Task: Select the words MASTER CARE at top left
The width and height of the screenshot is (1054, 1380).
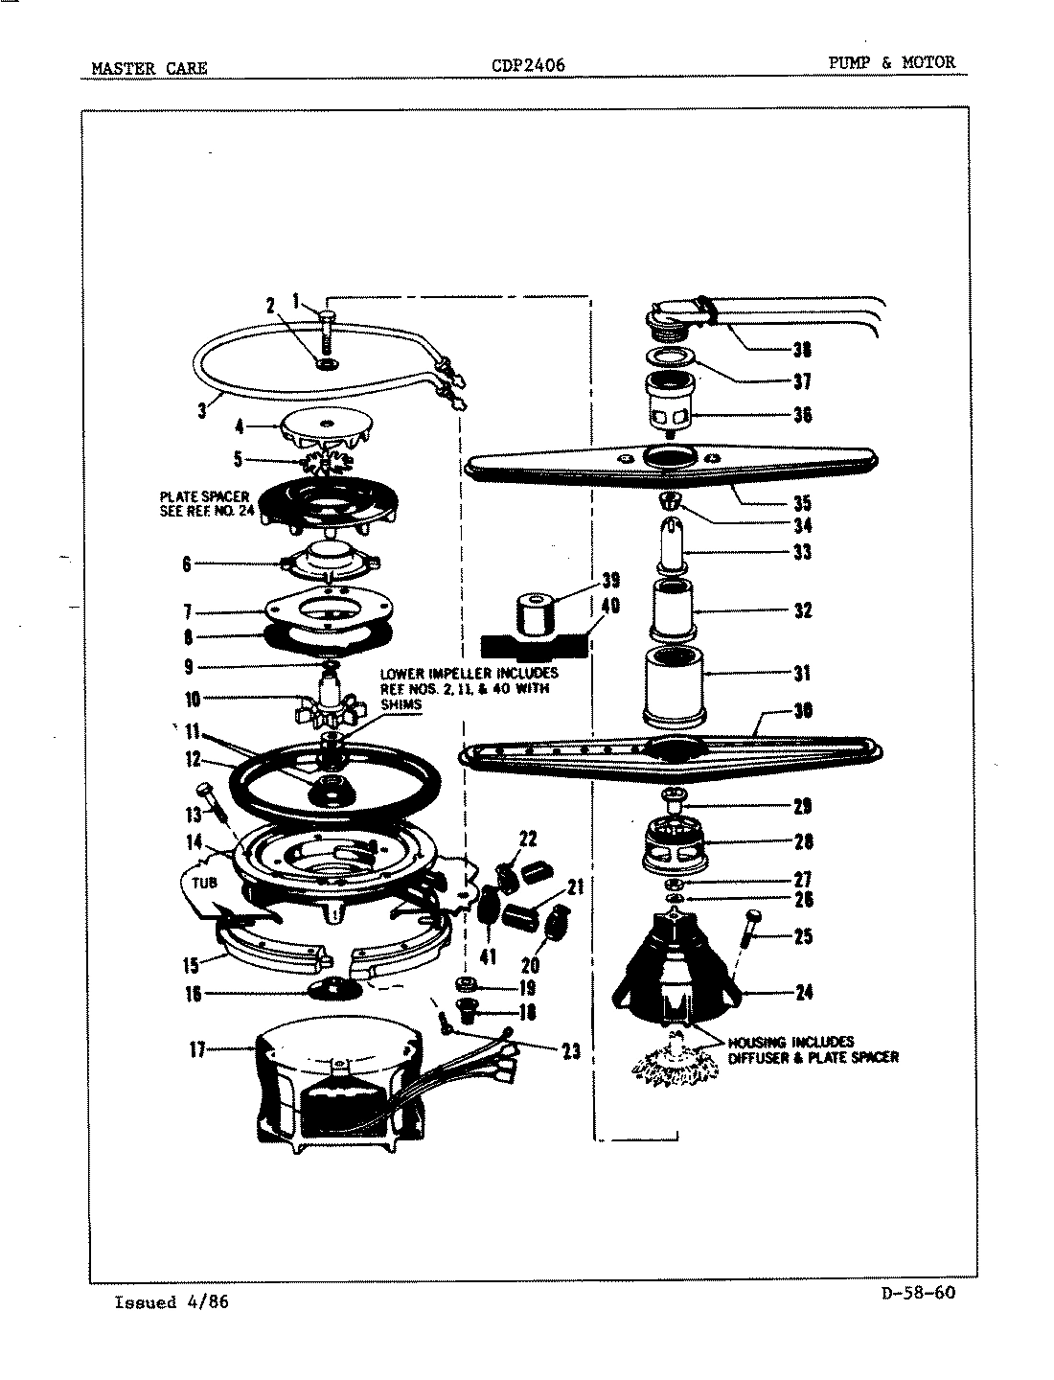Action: (x=149, y=68)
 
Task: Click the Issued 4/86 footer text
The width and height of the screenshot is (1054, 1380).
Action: (x=172, y=1301)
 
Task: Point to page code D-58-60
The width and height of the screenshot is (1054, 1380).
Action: (x=917, y=1292)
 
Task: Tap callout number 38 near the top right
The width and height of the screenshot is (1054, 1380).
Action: (x=802, y=349)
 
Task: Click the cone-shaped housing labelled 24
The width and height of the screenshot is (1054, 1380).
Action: (x=680, y=968)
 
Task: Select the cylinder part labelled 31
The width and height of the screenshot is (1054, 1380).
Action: (x=674, y=685)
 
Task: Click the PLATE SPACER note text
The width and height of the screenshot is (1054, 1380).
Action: (x=204, y=503)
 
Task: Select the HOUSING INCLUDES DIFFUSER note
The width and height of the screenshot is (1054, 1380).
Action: (x=813, y=1049)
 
